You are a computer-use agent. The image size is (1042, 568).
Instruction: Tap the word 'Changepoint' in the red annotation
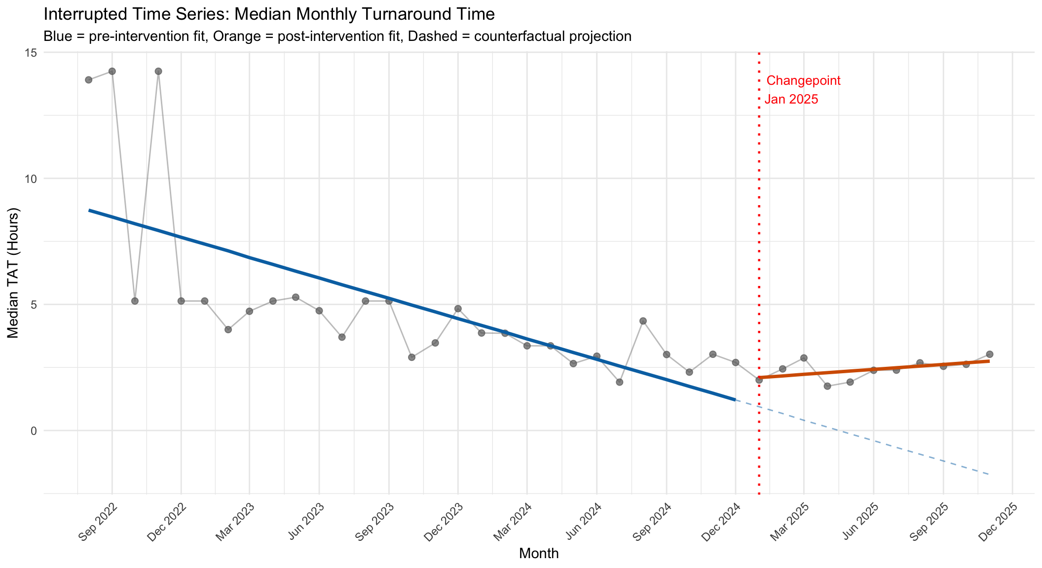[x=803, y=81]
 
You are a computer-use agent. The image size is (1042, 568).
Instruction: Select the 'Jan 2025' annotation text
[x=791, y=100]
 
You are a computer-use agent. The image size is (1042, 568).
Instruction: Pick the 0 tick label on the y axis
[x=35, y=430]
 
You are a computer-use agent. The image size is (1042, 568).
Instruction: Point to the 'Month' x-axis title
[x=539, y=554]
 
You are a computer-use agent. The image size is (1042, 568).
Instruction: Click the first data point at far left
[x=89, y=80]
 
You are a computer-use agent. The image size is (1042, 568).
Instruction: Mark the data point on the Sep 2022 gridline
[x=112, y=71]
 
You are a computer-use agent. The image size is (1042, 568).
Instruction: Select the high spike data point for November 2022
[x=158, y=71]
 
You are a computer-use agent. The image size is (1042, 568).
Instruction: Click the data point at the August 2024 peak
[x=643, y=321]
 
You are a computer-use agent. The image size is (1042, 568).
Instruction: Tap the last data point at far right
[x=989, y=354]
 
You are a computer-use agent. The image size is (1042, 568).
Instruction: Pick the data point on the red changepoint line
[x=759, y=380]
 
